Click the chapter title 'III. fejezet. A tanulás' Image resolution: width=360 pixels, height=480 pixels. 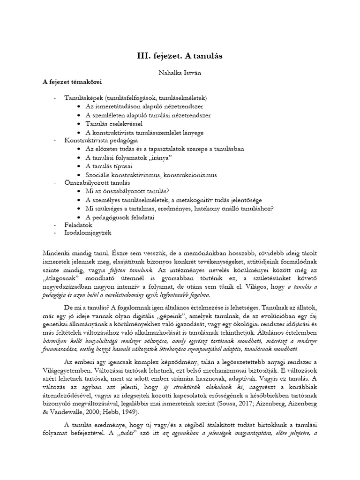point(180,56)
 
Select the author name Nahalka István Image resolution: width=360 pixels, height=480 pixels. point(180,73)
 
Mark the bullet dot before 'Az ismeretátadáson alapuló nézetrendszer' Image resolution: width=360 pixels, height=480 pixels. point(78,107)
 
